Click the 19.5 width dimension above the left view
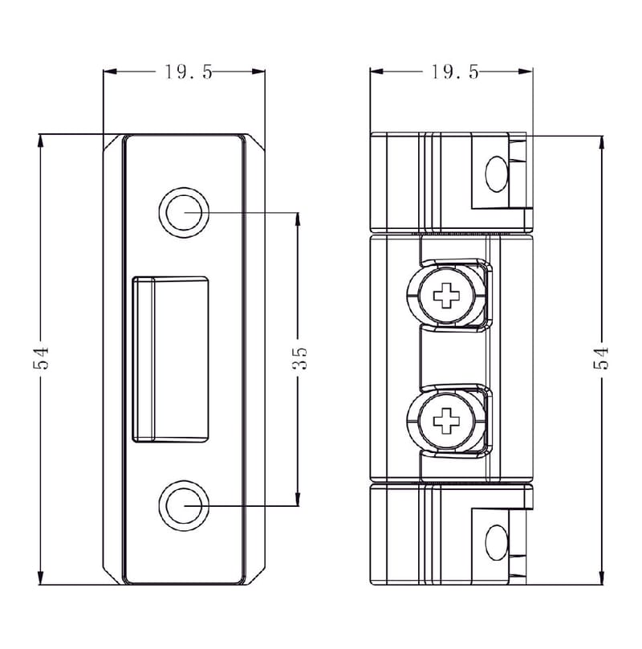click(188, 72)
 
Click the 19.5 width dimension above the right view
click(454, 72)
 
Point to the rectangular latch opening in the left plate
click(170, 359)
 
